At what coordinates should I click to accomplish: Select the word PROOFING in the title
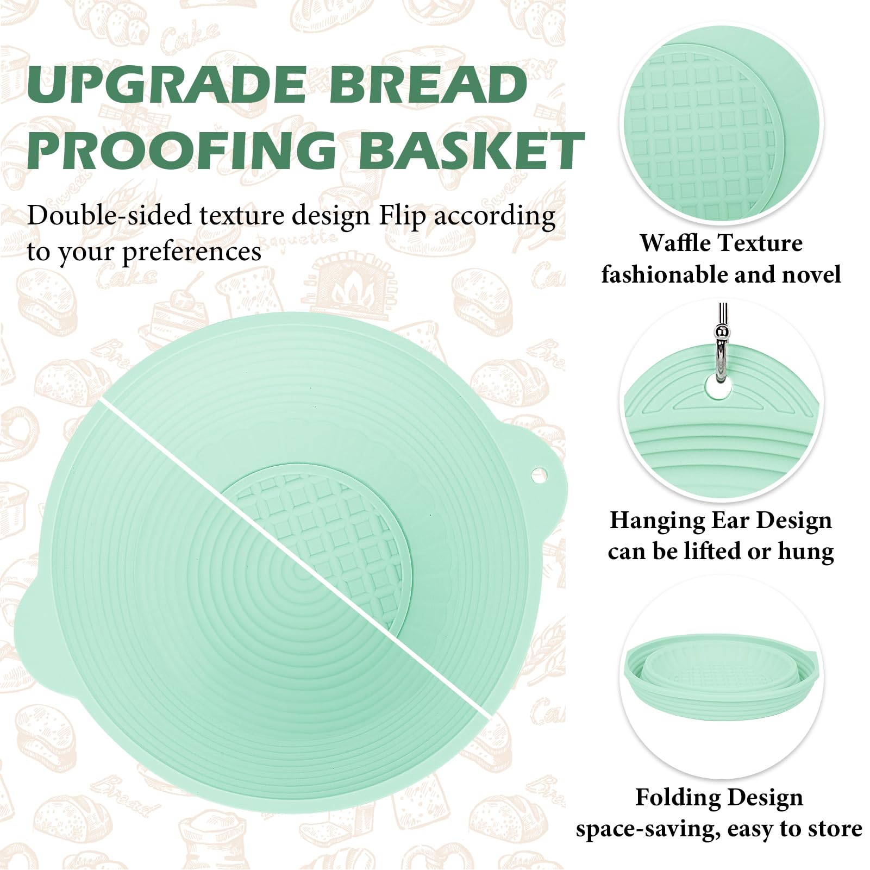[x=181, y=149]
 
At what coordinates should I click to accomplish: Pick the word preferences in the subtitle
[x=191, y=252]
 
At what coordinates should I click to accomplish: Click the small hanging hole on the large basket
[x=538, y=474]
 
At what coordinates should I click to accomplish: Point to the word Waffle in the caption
[x=672, y=243]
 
